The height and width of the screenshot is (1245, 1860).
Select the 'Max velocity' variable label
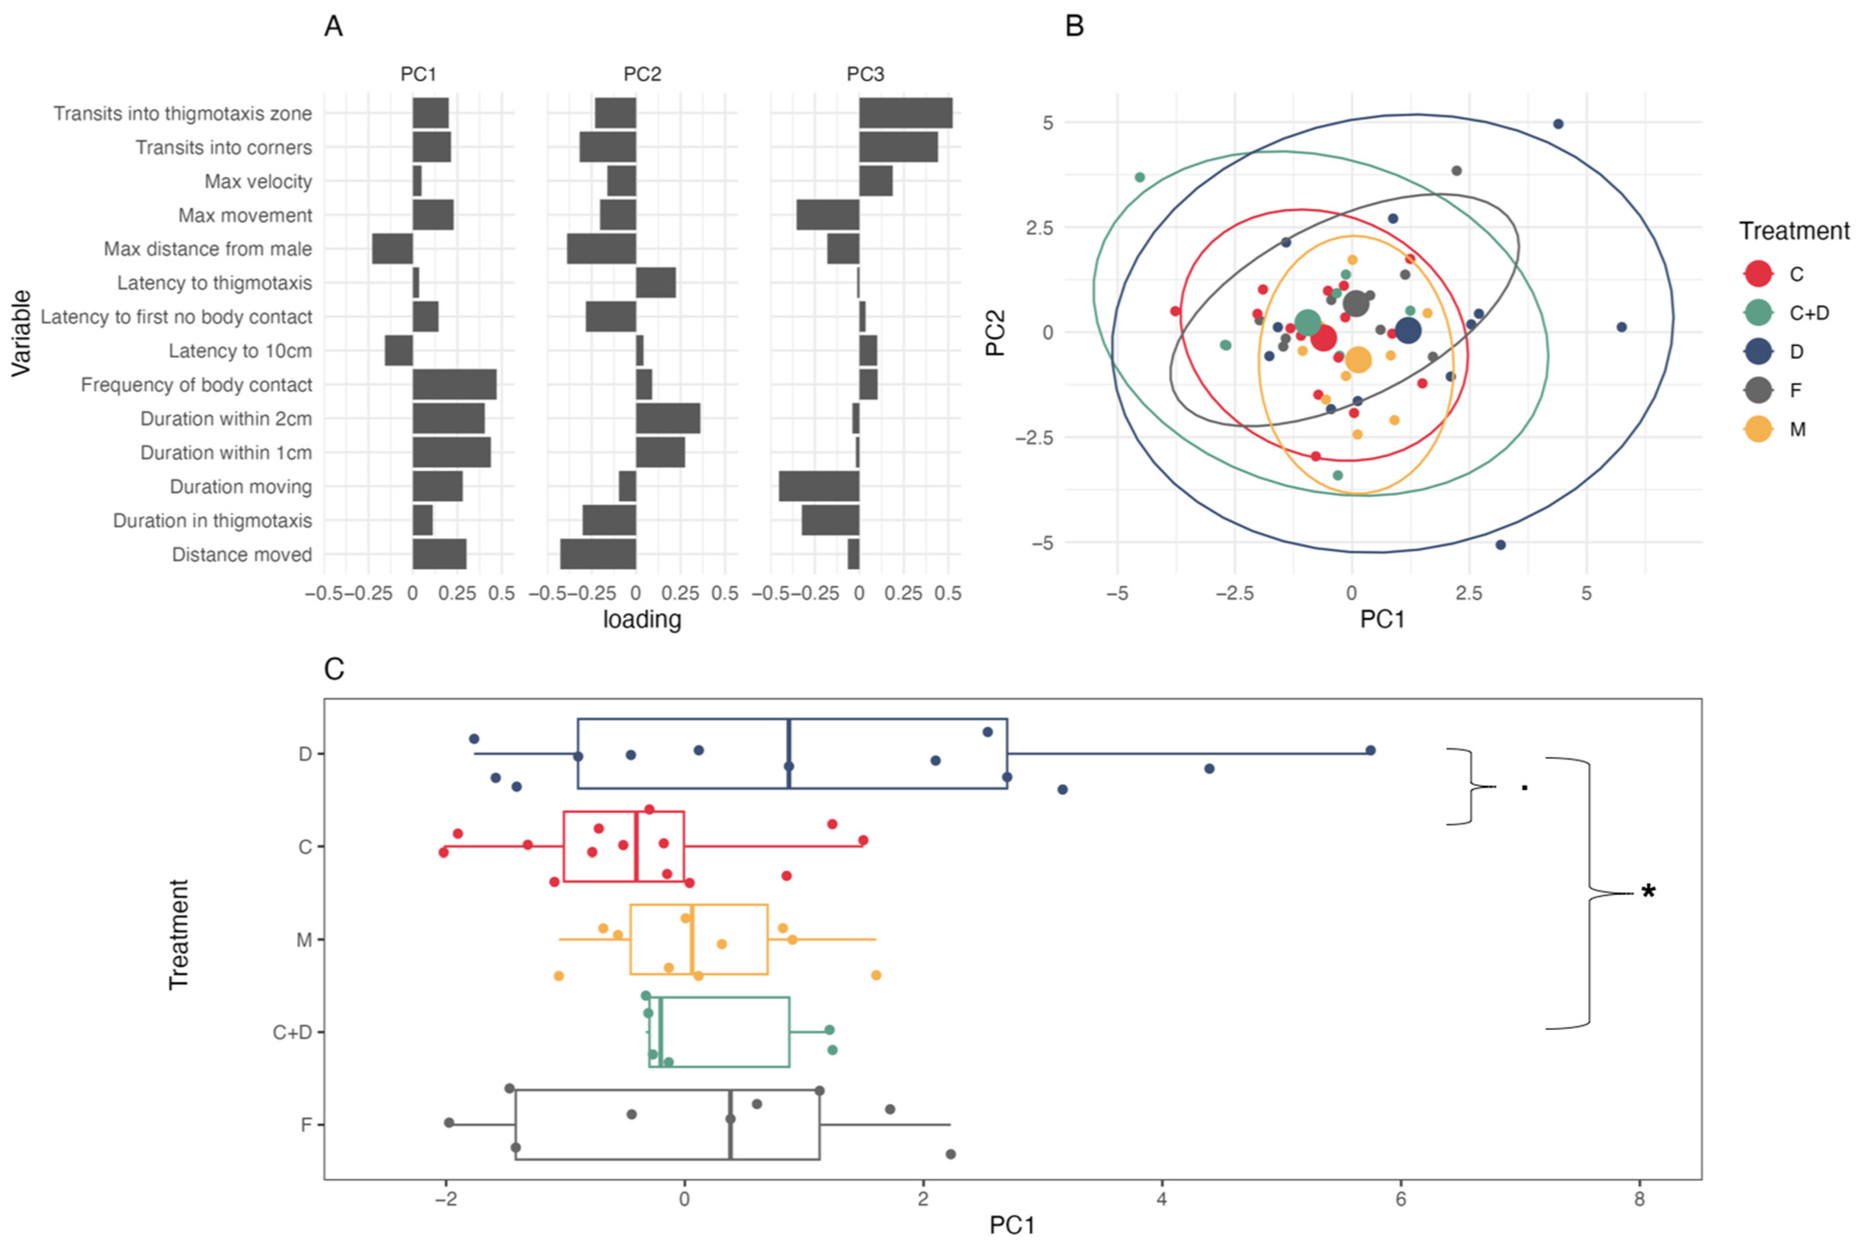[x=258, y=182]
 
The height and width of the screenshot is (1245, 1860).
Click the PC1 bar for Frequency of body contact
[x=454, y=384]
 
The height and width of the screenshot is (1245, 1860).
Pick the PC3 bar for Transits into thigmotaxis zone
[x=905, y=113]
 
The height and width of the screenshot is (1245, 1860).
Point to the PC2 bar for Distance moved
[x=598, y=554]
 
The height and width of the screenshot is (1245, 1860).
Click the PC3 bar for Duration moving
[x=818, y=486]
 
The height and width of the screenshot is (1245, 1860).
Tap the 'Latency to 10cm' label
[x=240, y=351]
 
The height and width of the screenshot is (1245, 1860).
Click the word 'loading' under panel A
[x=641, y=619]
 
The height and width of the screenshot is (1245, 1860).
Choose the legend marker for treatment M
[x=1758, y=429]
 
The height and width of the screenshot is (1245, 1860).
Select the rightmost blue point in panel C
[x=1370, y=750]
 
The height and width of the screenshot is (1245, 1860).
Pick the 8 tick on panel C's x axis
[x=1639, y=1199]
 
